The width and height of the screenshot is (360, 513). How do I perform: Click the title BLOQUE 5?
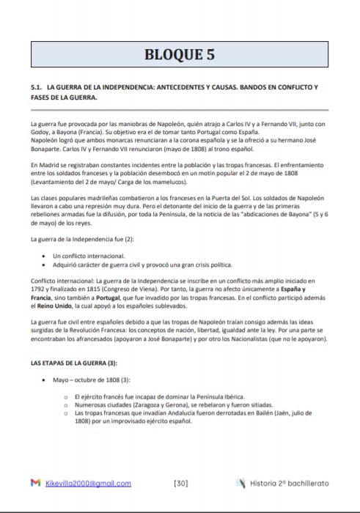click(x=180, y=54)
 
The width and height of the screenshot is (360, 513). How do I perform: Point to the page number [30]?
click(x=183, y=483)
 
